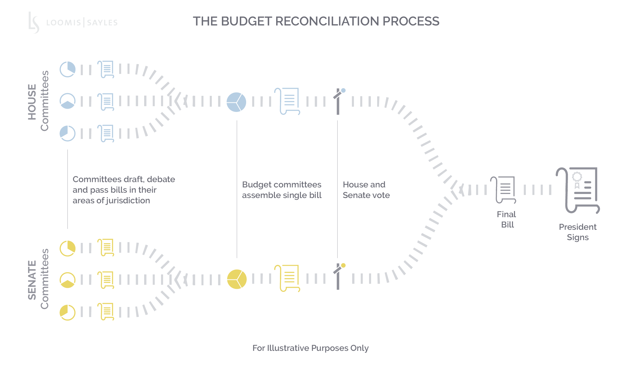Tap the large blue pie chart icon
(x=236, y=102)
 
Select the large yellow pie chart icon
(x=237, y=279)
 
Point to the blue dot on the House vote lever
(x=343, y=90)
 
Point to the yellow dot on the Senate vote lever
(x=343, y=265)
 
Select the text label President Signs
(x=578, y=232)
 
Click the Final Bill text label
(x=506, y=219)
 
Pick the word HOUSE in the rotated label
(x=32, y=102)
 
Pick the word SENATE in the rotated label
(x=32, y=280)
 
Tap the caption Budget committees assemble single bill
(x=282, y=190)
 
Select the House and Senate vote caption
(x=366, y=190)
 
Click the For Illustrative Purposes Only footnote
(x=310, y=348)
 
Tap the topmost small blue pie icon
(x=67, y=69)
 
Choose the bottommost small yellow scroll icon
(x=106, y=312)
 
